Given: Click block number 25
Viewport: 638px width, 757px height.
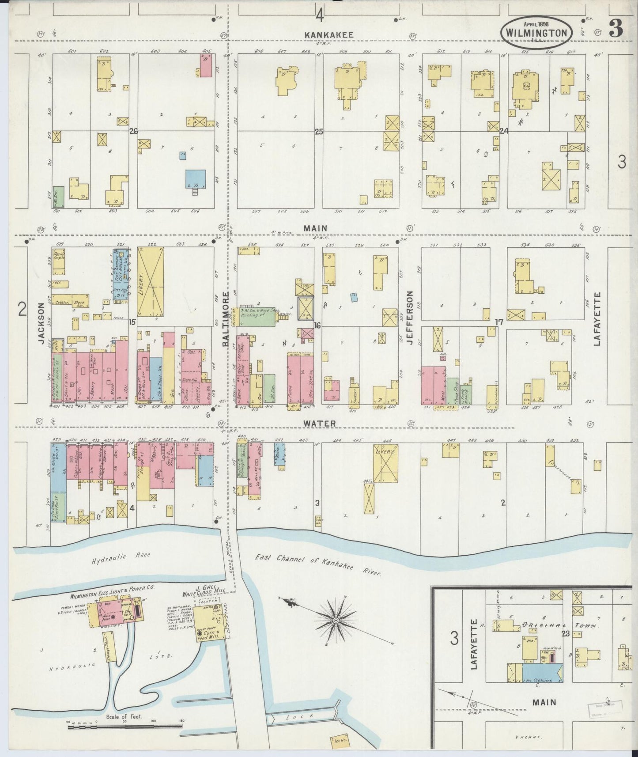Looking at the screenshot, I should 319,131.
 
